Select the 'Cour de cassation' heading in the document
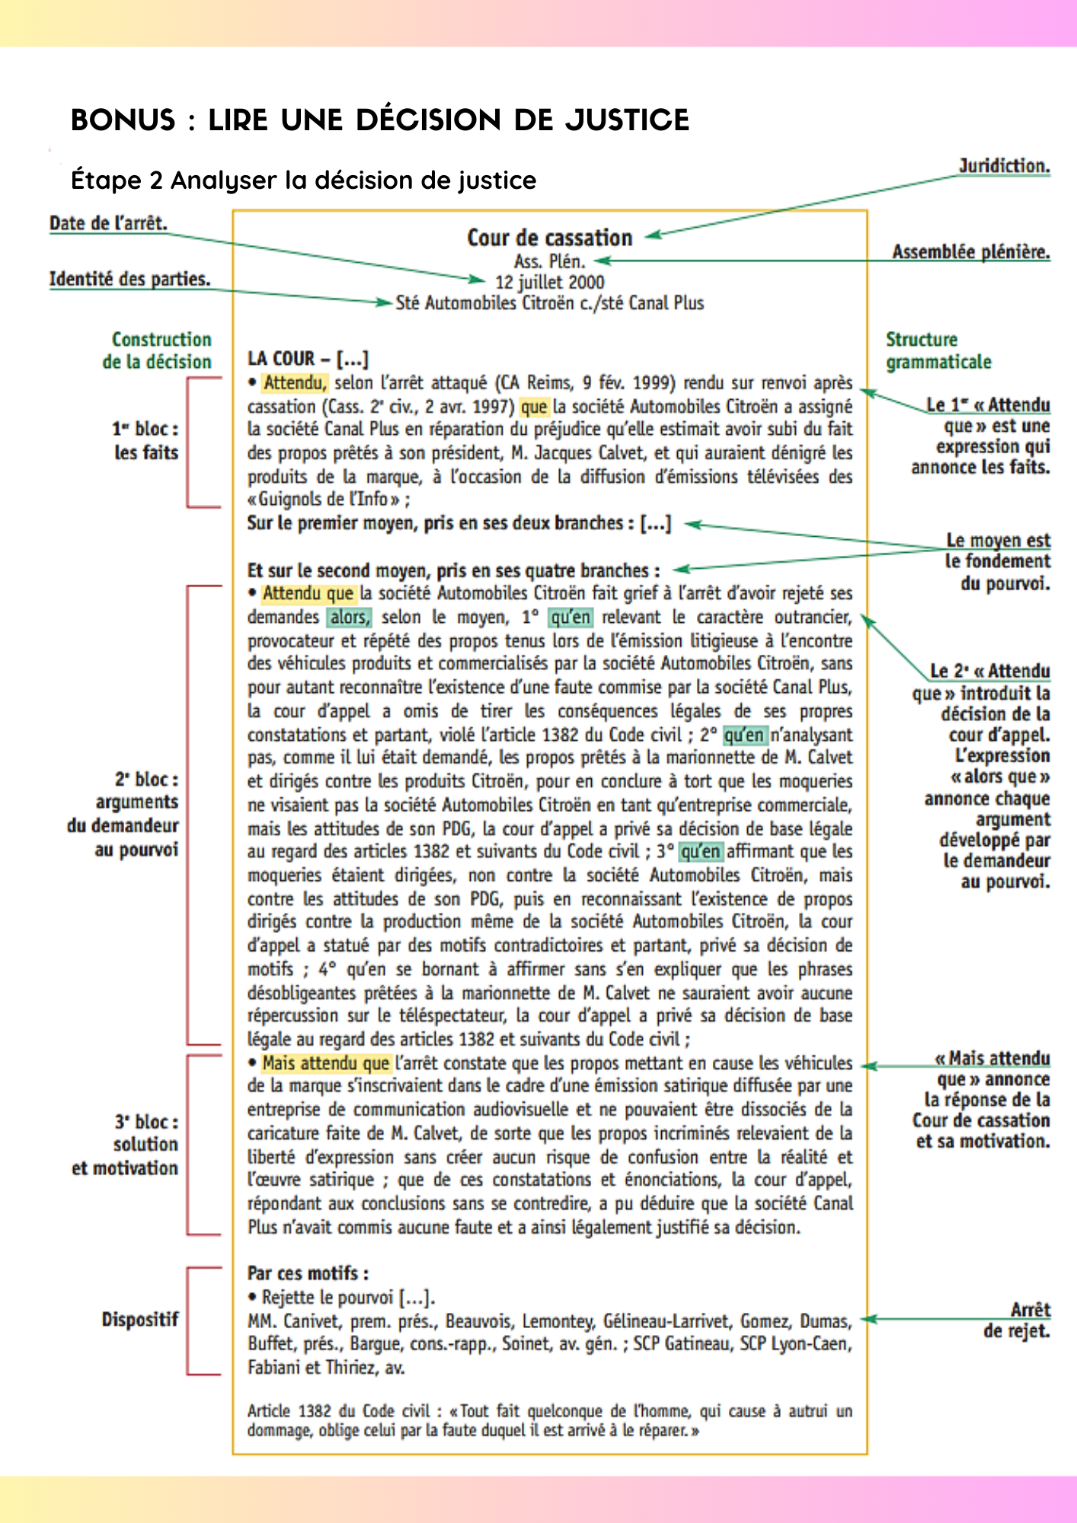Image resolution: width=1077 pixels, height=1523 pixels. click(x=549, y=238)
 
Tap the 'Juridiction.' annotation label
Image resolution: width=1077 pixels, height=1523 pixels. click(x=1004, y=166)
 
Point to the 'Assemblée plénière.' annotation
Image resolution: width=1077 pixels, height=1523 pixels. click(x=970, y=252)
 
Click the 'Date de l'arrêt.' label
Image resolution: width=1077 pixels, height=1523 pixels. click(x=108, y=223)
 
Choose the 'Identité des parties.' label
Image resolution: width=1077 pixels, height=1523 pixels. click(x=129, y=279)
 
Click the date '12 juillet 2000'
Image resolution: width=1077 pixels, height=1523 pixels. click(x=549, y=283)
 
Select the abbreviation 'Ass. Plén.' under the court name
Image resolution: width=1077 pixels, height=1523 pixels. click(x=549, y=261)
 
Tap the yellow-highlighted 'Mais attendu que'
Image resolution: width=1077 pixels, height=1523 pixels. click(x=325, y=1063)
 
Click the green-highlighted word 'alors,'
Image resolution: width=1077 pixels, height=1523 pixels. click(x=349, y=617)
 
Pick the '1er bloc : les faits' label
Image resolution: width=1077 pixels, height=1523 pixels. click(x=145, y=441)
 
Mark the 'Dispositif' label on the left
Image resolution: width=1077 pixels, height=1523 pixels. click(x=139, y=1320)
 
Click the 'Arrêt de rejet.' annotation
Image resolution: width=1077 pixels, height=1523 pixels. click(x=1016, y=1320)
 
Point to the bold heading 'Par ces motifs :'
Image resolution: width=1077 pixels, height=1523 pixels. click(x=308, y=1273)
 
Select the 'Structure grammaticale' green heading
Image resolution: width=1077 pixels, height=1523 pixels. click(x=938, y=350)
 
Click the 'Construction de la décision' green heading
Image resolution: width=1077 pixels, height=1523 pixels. click(x=158, y=350)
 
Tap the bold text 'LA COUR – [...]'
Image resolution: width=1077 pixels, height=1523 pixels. click(x=308, y=359)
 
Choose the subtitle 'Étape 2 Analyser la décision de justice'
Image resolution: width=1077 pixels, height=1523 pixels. click(x=303, y=180)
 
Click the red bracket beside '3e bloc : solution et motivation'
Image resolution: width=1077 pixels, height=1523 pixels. click(x=189, y=1144)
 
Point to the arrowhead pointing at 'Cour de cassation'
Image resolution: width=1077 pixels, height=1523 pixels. click(x=652, y=236)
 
